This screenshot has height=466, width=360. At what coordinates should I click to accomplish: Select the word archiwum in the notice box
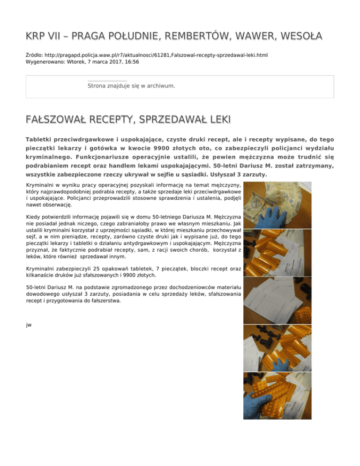[x=160, y=86]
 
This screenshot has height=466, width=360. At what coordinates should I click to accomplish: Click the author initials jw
[x=29, y=324]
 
